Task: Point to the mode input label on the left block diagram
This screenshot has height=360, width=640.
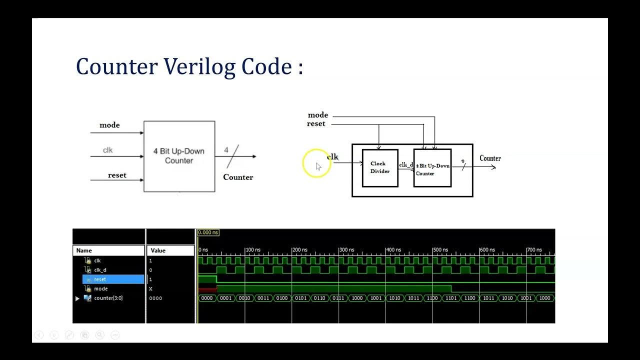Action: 109,125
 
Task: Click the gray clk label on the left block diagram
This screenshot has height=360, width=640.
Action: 108,150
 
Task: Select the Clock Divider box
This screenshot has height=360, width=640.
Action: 380,168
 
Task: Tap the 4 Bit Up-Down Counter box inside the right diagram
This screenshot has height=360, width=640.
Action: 432,168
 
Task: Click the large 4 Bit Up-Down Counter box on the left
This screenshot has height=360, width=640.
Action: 179,156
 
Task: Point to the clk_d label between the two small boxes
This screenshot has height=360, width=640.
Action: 405,164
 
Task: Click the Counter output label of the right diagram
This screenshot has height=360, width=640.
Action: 490,158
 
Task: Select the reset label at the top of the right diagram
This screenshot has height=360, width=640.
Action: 316,124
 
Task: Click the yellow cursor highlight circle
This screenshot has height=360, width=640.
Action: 316,163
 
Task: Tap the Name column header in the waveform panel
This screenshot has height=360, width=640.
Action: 84,250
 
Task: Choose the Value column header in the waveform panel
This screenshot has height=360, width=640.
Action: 158,250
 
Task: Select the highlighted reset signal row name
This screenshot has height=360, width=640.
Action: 100,279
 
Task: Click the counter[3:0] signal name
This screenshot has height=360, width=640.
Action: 108,298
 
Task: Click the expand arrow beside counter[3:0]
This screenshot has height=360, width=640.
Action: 77,298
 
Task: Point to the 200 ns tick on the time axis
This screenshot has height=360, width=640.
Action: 299,249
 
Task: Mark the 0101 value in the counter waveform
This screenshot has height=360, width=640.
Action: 300,298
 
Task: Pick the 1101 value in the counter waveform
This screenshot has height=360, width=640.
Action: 451,298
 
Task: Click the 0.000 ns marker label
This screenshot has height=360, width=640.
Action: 208,232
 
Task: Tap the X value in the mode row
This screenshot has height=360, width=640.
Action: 150,289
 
